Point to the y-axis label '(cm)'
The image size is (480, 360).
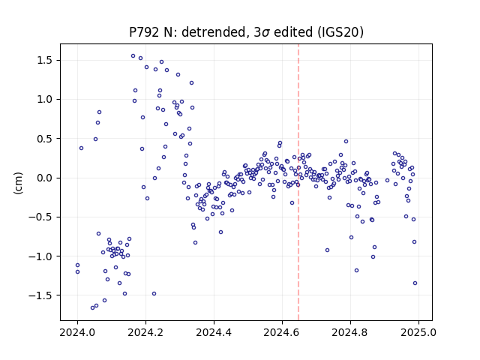click(18, 183)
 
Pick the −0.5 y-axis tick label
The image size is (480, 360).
click(42, 217)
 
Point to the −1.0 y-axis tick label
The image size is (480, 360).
click(42, 256)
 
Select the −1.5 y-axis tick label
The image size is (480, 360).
click(42, 295)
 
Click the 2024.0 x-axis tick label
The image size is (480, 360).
click(77, 332)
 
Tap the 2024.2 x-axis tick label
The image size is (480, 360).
click(145, 332)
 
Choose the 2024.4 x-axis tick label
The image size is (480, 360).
click(214, 332)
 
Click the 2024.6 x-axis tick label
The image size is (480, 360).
click(282, 332)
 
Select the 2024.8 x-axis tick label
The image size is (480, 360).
click(350, 332)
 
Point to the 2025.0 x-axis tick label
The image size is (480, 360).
click(418, 332)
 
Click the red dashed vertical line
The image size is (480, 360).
click(298, 182)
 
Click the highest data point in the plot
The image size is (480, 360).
click(133, 56)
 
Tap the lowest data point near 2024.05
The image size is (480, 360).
click(93, 307)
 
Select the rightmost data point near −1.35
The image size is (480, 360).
click(415, 283)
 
